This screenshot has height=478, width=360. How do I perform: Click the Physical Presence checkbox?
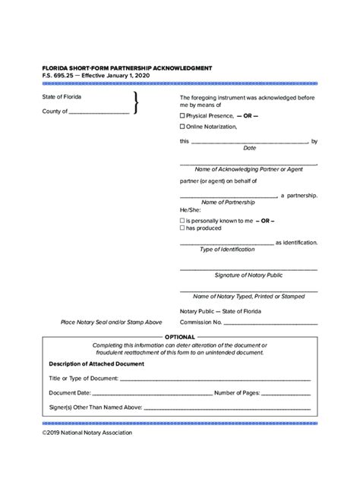182,115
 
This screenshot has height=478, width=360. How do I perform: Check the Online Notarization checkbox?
182,127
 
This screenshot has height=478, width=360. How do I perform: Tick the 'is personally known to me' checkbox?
182,219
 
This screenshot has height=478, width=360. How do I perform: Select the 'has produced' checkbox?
182,228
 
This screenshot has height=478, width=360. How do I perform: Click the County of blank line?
99,112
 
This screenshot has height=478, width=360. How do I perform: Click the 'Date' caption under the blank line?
248,149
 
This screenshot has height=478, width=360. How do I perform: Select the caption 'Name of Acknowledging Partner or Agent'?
248,169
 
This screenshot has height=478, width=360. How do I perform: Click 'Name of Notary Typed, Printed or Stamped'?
248,297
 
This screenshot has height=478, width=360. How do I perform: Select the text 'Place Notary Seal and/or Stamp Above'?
112,322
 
